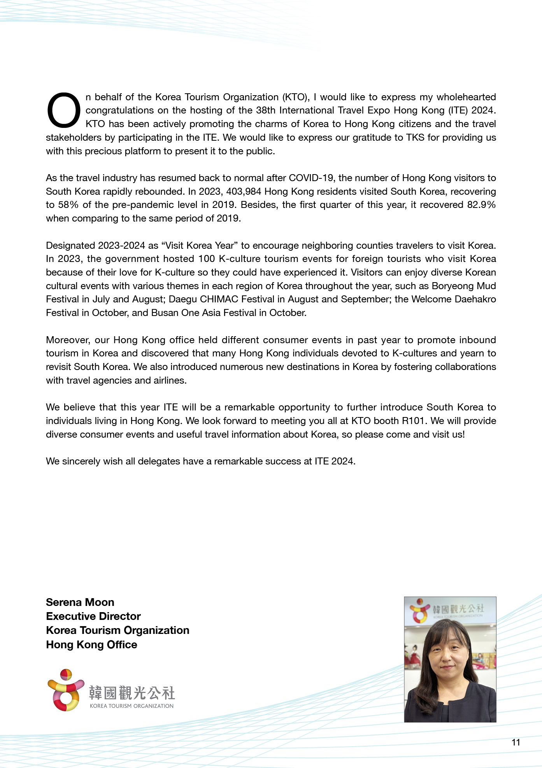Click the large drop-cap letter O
[x=63, y=110]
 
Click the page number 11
[x=516, y=742]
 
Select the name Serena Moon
[x=80, y=602]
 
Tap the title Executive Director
[x=93, y=616]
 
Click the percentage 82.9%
[x=481, y=205]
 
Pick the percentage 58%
[x=68, y=205]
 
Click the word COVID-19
[x=311, y=178]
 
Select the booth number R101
[x=413, y=421]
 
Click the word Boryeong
[x=453, y=286]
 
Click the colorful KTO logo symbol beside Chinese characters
[x=65, y=690]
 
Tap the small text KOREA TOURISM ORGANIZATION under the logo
[x=132, y=706]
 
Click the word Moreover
[x=68, y=340]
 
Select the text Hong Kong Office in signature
[x=91, y=644]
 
